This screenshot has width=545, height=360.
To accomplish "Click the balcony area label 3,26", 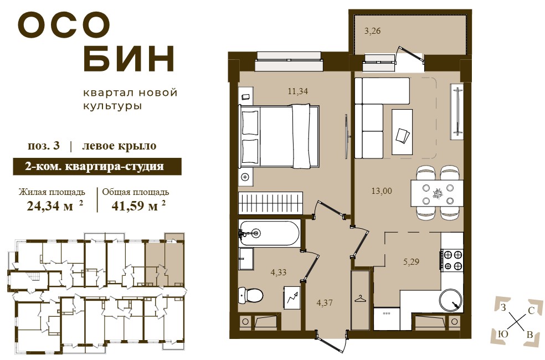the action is pos(372,31).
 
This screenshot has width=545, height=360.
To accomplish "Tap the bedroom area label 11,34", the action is pos(298,91).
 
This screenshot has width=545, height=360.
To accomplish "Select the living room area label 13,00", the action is pos(382,191).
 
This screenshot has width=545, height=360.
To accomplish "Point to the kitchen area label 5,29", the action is pos(411,261).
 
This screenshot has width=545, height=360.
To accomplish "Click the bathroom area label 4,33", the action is pos(279,272).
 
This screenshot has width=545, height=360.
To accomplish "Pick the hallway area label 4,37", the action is pos(325,302).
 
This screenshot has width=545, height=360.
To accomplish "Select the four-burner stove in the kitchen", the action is pos(452,260).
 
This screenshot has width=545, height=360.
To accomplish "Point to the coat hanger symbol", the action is pos(361,299).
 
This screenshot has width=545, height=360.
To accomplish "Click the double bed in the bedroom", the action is pos(279,136).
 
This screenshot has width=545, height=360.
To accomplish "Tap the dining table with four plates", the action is pos(437,193).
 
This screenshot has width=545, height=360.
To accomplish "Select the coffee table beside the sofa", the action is pos(402,132).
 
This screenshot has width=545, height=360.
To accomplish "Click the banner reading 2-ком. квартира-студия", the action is pos(97,167).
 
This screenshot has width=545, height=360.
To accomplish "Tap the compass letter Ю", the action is pos(503,334).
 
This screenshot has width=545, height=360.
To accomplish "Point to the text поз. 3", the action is pos(44,146).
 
